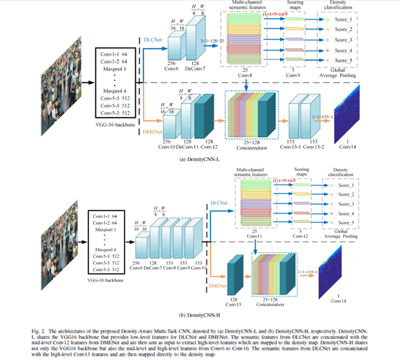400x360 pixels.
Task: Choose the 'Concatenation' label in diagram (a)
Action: pyautogui.click(x=252, y=149)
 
